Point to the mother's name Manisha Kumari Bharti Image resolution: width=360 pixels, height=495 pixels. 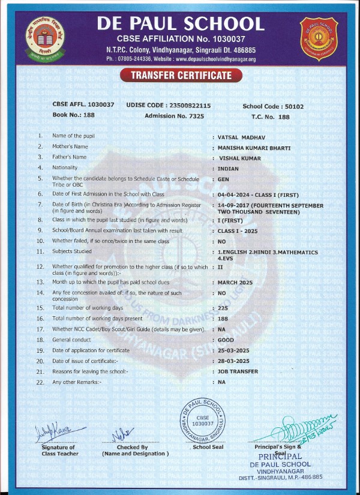click(254, 147)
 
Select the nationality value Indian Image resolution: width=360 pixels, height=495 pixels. click(228, 169)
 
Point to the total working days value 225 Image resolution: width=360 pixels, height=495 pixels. click(224, 307)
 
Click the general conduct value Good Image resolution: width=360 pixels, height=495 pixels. click(226, 340)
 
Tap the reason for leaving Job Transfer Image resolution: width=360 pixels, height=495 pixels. click(238, 371)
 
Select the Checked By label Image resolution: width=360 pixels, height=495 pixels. click(133, 447)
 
